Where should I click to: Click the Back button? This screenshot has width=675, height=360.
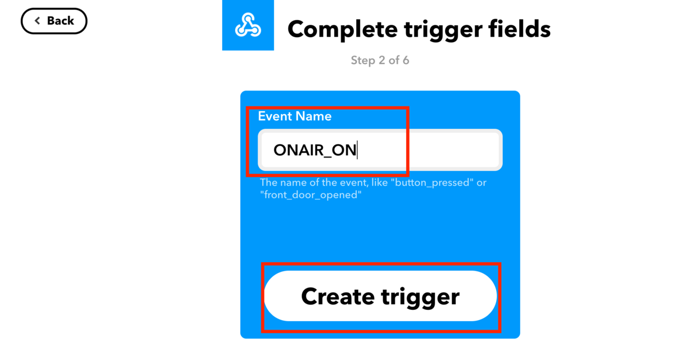click(x=54, y=21)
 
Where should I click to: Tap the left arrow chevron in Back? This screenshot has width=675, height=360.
click(x=37, y=20)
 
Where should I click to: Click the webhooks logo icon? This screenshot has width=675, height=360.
click(x=248, y=25)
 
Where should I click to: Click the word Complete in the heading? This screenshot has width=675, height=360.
click(x=343, y=29)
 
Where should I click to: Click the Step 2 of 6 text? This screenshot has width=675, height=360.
click(x=380, y=60)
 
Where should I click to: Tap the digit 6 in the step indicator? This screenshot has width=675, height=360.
click(x=406, y=60)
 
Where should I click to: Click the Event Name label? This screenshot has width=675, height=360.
click(x=295, y=116)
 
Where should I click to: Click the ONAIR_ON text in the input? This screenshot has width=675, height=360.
click(x=314, y=150)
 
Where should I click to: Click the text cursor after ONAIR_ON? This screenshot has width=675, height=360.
click(x=357, y=150)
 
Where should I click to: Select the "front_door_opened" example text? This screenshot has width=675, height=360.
click(x=310, y=195)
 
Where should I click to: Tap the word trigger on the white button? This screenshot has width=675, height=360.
click(x=420, y=298)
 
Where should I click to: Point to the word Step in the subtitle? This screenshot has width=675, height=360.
click(x=363, y=61)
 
